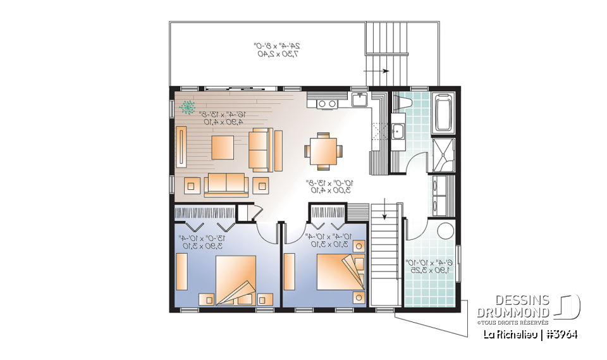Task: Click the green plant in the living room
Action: click(x=188, y=107)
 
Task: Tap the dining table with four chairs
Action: click(x=322, y=151)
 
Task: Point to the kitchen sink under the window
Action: click(x=359, y=100)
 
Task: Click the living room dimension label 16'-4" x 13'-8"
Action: click(x=221, y=118)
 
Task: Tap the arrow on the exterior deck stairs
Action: click(x=386, y=73)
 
